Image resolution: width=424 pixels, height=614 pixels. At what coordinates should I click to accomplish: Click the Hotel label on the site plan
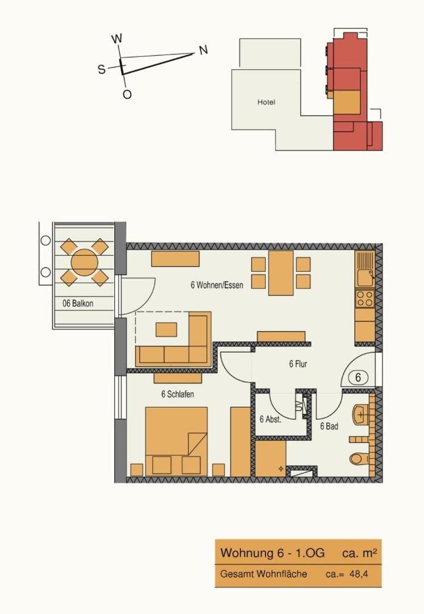(266, 102)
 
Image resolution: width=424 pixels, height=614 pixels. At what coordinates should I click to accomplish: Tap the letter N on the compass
(203, 50)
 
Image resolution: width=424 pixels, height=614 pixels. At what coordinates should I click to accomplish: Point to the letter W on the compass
(117, 39)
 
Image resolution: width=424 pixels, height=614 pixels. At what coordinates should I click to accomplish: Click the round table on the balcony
(84, 261)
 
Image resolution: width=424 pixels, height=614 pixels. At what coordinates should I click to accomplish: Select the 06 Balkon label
(78, 303)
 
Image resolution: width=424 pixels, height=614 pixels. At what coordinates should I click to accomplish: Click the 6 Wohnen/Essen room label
(217, 285)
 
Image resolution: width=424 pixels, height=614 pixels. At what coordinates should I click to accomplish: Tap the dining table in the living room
(281, 273)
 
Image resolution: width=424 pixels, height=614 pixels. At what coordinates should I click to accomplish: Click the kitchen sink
(365, 277)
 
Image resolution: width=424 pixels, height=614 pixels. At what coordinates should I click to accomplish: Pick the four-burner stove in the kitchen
(365, 298)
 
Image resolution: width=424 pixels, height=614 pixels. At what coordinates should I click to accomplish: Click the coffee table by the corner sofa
(167, 329)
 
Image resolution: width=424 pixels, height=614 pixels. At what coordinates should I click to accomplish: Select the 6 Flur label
(298, 364)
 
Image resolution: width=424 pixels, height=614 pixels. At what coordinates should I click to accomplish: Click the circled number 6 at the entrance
(358, 378)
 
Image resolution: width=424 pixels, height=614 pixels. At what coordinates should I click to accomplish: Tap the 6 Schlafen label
(177, 394)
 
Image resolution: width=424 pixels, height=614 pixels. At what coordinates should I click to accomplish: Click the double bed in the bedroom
(176, 442)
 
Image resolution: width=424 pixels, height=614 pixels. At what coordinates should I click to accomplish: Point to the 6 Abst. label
(271, 420)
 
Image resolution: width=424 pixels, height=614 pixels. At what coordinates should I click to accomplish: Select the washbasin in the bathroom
(361, 415)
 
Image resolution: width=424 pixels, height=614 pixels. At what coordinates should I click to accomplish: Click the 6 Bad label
(329, 426)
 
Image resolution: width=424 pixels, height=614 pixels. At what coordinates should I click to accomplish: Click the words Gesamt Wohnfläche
(264, 574)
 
